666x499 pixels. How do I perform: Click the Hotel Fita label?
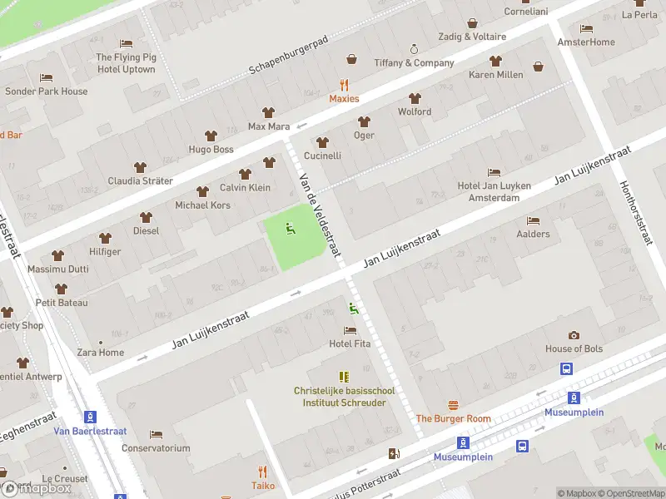350,343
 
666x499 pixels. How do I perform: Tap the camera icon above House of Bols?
574,335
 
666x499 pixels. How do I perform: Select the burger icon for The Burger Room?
453,405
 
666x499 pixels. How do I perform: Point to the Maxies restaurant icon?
344,85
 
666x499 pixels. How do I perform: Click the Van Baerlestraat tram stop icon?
90,417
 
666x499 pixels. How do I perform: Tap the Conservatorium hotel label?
156,448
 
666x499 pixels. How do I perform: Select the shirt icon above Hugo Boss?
211,136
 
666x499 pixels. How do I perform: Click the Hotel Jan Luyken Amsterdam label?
494,191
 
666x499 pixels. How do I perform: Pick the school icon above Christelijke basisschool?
344,377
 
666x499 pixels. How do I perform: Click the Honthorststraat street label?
634,214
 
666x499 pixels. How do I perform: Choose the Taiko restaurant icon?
263,472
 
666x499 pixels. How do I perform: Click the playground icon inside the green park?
291,229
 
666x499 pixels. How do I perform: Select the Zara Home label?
100,353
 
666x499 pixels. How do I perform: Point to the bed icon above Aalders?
533,220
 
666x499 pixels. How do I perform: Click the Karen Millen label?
496,75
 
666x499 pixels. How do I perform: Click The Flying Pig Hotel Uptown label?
126,63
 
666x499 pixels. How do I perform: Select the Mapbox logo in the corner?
36,489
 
